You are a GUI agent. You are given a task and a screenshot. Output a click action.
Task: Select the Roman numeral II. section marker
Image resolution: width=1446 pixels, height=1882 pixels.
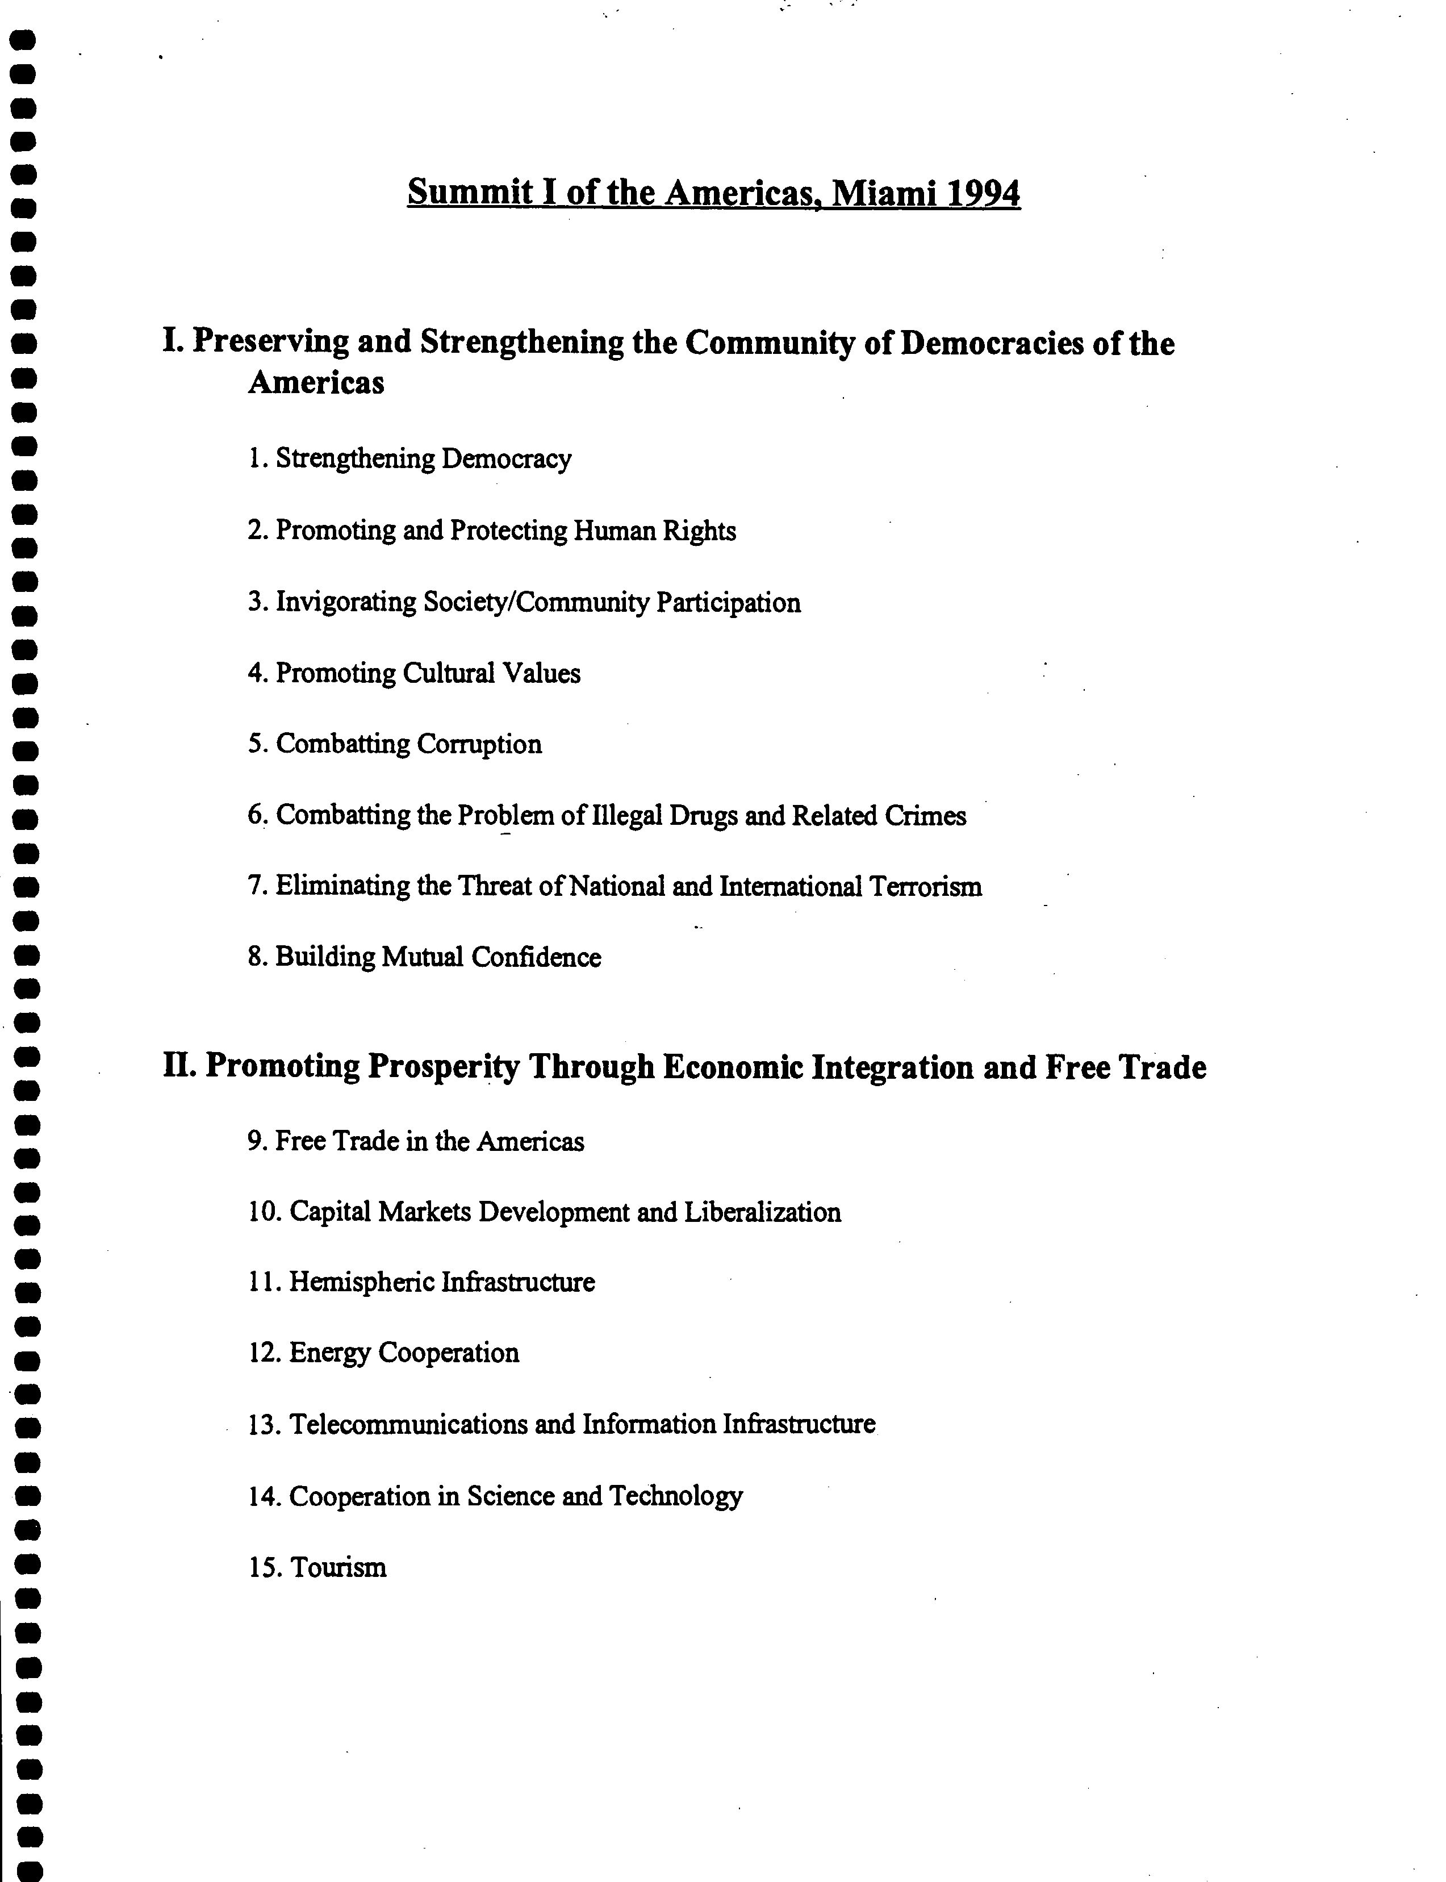[x=181, y=1067]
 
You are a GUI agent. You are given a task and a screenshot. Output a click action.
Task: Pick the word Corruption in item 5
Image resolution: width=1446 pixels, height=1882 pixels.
[x=479, y=744]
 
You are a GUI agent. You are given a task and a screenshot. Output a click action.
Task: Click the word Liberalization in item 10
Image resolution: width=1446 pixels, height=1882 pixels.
[x=763, y=1212]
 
